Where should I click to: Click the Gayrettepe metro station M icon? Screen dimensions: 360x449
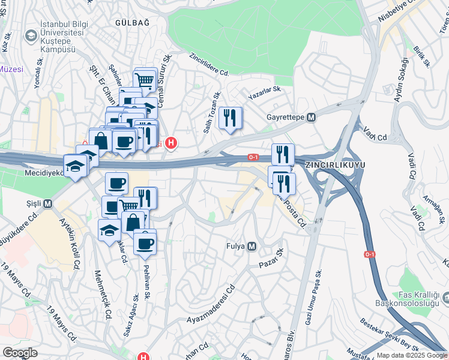311,118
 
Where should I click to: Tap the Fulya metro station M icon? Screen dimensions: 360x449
252,246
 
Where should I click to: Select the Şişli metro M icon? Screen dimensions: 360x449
47,203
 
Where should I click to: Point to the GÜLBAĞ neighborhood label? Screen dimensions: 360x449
132,22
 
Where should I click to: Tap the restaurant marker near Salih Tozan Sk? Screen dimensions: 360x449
230,118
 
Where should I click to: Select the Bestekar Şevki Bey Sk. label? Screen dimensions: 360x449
389,334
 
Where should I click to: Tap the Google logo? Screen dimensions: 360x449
20,353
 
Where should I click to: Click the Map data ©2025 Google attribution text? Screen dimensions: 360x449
412,355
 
